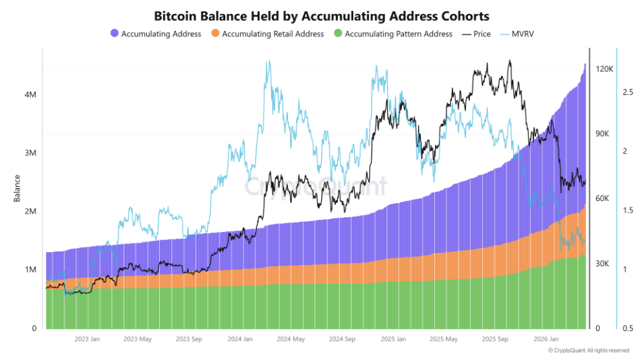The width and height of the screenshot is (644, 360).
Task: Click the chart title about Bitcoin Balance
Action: click(322, 15)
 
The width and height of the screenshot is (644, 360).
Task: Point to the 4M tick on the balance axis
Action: click(29, 95)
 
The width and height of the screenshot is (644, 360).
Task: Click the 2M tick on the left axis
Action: click(29, 212)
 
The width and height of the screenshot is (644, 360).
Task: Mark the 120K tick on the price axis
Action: click(604, 69)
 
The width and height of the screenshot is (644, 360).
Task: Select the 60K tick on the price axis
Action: click(602, 199)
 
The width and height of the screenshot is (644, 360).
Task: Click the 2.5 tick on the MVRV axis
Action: click(627, 92)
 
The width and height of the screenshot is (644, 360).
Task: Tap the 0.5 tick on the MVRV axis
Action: click(627, 328)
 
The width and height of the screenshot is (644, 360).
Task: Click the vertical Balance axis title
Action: click(17, 189)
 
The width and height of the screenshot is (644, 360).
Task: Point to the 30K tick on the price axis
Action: click(602, 264)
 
